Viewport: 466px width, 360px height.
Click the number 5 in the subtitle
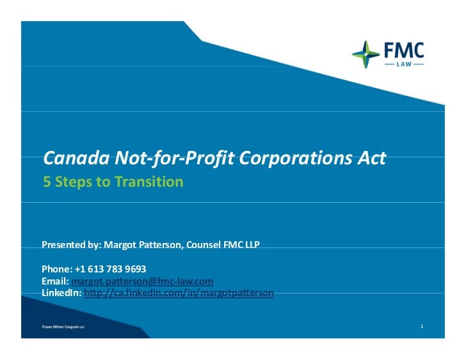point(46,182)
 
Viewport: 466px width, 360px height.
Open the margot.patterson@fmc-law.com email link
point(142,281)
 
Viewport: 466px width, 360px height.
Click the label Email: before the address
point(55,281)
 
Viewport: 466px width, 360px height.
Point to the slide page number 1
point(422,327)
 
